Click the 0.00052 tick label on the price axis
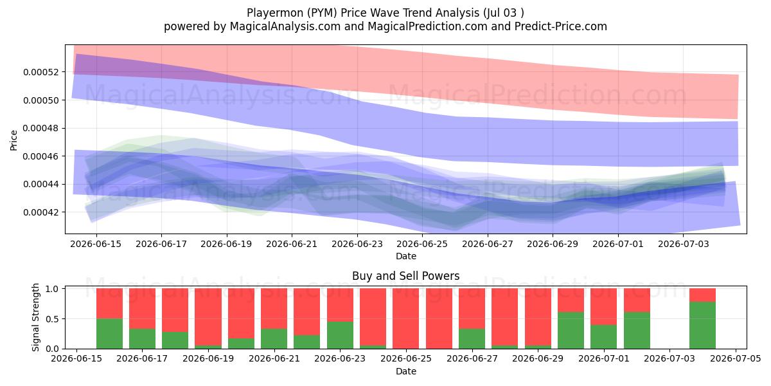pyautogui.click(x=41, y=72)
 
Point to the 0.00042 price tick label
pyautogui.click(x=41, y=212)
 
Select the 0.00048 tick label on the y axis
pyautogui.click(x=41, y=128)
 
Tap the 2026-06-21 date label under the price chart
pyautogui.click(x=292, y=244)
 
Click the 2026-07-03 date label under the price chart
pyautogui.click(x=684, y=244)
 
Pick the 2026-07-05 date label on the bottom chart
pyautogui.click(x=736, y=358)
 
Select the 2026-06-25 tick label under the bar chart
pyautogui.click(x=406, y=358)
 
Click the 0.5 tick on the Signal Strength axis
pyautogui.click(x=52, y=319)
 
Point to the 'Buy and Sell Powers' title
pyautogui.click(x=406, y=276)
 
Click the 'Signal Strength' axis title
pyautogui.click(x=35, y=317)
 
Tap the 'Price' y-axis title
pyautogui.click(x=13, y=140)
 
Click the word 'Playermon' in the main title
pyautogui.click(x=275, y=13)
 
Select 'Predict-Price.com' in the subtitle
pyautogui.click(x=561, y=26)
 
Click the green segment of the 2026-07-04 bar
pyautogui.click(x=702, y=325)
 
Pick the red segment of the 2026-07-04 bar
pyautogui.click(x=702, y=295)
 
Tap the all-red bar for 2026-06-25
pyautogui.click(x=406, y=318)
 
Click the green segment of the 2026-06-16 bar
pyautogui.click(x=109, y=334)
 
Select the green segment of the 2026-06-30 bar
pyautogui.click(x=571, y=331)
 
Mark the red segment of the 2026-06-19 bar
pyautogui.click(x=208, y=317)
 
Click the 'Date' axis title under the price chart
pyautogui.click(x=406, y=256)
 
